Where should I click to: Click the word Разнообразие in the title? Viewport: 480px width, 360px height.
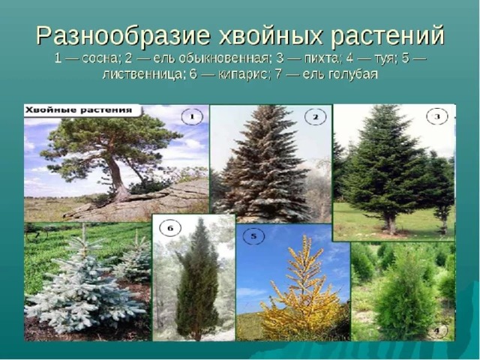click(x=123, y=37)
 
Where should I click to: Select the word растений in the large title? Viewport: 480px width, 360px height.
click(x=388, y=36)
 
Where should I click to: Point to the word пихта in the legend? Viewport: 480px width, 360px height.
click(x=321, y=58)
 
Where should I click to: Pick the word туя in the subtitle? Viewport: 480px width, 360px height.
click(x=384, y=58)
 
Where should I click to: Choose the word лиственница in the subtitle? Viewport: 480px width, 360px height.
click(x=142, y=74)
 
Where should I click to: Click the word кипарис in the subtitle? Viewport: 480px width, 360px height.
click(x=242, y=75)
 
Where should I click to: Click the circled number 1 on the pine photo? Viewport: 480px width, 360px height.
click(x=192, y=117)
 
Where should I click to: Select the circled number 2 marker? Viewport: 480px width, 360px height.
click(x=316, y=117)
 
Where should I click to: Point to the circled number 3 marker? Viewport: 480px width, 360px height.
click(x=437, y=117)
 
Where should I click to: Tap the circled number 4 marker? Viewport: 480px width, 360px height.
click(x=436, y=331)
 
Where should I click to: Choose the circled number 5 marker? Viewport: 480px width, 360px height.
click(x=253, y=236)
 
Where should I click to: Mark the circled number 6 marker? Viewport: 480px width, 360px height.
click(x=170, y=228)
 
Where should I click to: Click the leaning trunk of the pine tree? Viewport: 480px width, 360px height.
click(x=117, y=178)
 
